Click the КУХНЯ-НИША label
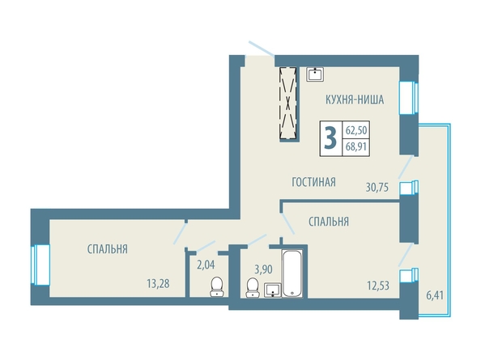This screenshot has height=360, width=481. pos(355,100)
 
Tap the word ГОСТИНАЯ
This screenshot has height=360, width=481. pos(313,182)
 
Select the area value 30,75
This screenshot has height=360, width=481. pos(377,187)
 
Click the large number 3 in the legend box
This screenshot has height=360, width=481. pos(330,138)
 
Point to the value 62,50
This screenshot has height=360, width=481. pos(356,130)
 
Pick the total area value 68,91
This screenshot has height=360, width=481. pos(356,146)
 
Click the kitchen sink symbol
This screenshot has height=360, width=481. pos(315,74)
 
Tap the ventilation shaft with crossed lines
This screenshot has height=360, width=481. pos(288,104)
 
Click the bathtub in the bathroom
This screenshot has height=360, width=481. pos(292,273)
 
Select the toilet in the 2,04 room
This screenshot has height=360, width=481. pos(217,286)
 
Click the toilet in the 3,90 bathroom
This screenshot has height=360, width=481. pos(253,287)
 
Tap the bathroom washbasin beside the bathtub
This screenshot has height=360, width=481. pos(272,290)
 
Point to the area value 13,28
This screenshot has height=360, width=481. pos(158,284)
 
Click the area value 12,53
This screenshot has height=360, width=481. pos(378,286)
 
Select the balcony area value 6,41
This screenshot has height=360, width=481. pos(435,296)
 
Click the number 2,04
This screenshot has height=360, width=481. pos(206,265)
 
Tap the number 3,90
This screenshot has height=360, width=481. pos(263,269)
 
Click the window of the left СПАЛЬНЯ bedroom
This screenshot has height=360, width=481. pos(40,265)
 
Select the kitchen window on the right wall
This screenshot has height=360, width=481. pos(408,98)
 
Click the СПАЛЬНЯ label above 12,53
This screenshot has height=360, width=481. pos(329,222)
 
